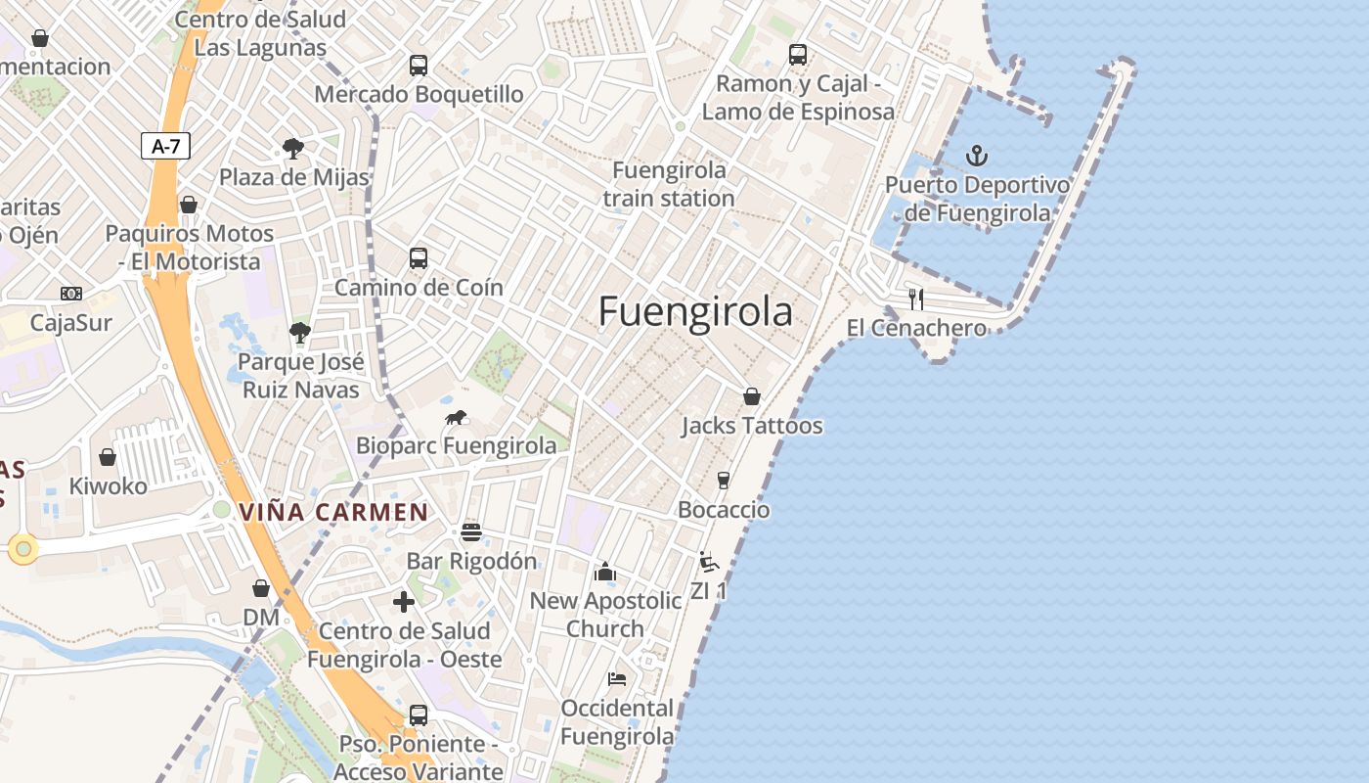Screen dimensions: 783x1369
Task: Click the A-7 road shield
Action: click(x=165, y=147)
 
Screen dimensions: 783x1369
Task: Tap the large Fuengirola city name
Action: click(x=695, y=311)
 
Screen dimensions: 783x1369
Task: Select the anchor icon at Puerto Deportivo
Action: click(x=976, y=156)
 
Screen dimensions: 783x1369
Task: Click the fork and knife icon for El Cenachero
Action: click(x=916, y=299)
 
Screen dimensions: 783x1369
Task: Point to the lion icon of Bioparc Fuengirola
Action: click(x=456, y=418)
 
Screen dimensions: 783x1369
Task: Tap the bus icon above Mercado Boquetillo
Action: click(x=419, y=66)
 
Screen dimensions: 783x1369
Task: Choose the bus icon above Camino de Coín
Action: click(x=419, y=258)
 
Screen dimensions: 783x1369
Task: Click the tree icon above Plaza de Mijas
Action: click(x=292, y=149)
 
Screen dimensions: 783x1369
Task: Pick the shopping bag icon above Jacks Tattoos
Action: click(x=752, y=396)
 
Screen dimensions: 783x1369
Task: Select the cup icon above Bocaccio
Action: click(x=724, y=481)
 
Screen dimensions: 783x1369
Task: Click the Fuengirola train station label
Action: click(x=669, y=184)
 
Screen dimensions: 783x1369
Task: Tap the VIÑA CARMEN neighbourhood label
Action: click(x=333, y=512)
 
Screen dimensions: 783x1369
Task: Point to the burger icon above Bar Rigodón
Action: click(x=471, y=532)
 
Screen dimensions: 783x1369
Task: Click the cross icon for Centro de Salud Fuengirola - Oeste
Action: click(x=404, y=602)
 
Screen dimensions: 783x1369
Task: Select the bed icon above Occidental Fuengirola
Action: click(x=617, y=678)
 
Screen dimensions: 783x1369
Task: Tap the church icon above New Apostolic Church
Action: click(x=605, y=572)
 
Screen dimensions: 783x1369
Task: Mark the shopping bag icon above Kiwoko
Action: click(x=108, y=457)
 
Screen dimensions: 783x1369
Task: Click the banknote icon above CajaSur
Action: click(x=71, y=294)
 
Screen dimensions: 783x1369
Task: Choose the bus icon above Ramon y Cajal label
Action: click(x=798, y=55)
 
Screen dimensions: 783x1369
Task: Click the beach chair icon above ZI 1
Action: click(x=709, y=562)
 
